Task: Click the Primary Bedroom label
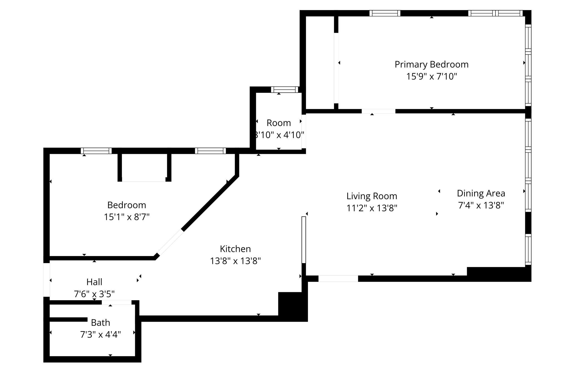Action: (431, 64)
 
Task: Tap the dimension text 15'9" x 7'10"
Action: (431, 76)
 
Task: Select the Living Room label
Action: (372, 196)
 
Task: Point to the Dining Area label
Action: (481, 193)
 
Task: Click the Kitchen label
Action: (235, 249)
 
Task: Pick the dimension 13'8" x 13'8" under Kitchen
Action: (235, 261)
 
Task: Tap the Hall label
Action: (94, 282)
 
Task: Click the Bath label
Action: (100, 323)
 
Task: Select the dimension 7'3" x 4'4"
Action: (100, 334)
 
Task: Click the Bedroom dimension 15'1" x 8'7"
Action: (126, 217)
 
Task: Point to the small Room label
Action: (278, 123)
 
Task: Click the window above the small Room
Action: (284, 89)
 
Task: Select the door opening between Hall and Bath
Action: (116, 302)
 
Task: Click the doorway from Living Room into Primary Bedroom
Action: (378, 111)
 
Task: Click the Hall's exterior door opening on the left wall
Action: (47, 280)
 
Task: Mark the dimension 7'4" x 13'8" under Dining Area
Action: (481, 205)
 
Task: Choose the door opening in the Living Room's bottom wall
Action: (338, 278)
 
